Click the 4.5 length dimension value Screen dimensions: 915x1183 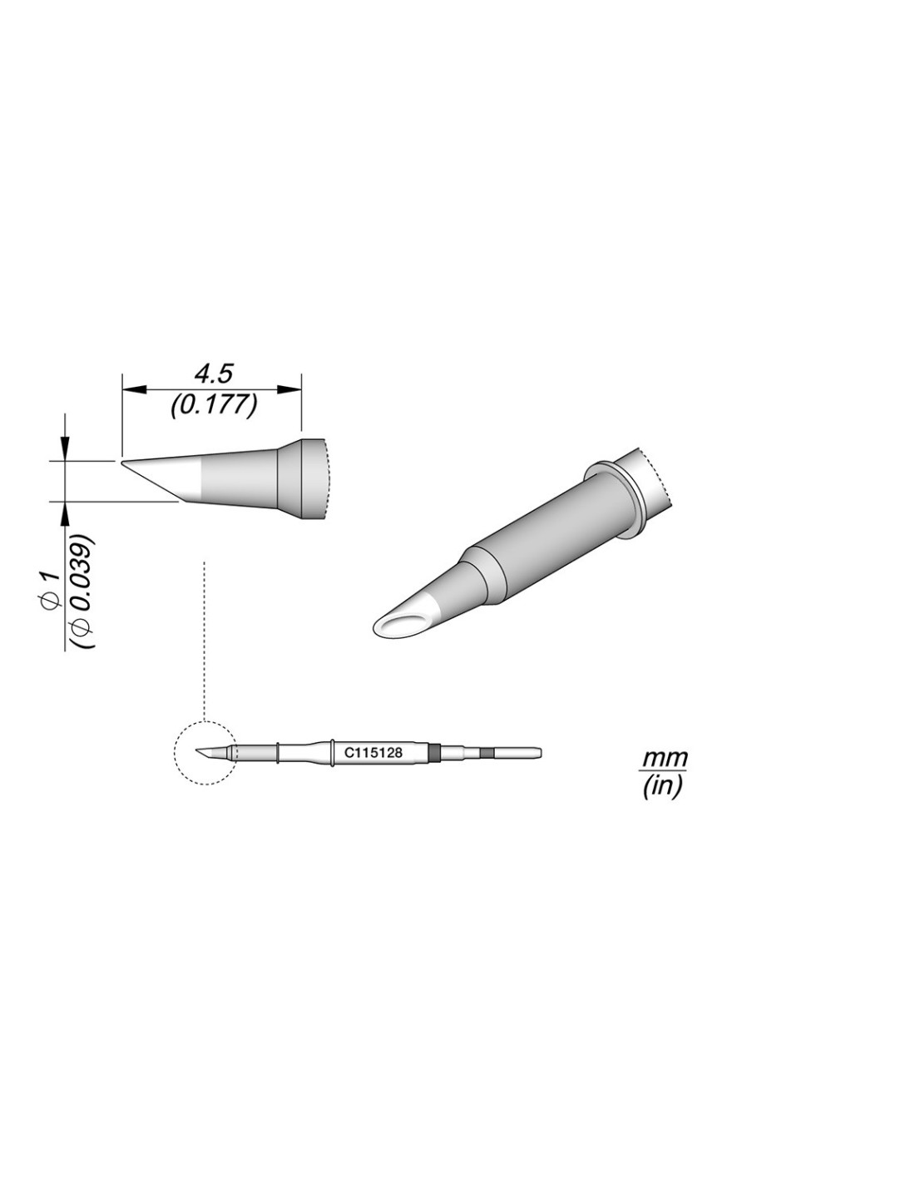pos(214,374)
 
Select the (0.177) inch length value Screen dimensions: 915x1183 pos(214,406)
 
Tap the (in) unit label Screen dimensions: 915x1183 pos(661,787)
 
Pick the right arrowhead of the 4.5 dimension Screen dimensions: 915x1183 pos(289,389)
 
